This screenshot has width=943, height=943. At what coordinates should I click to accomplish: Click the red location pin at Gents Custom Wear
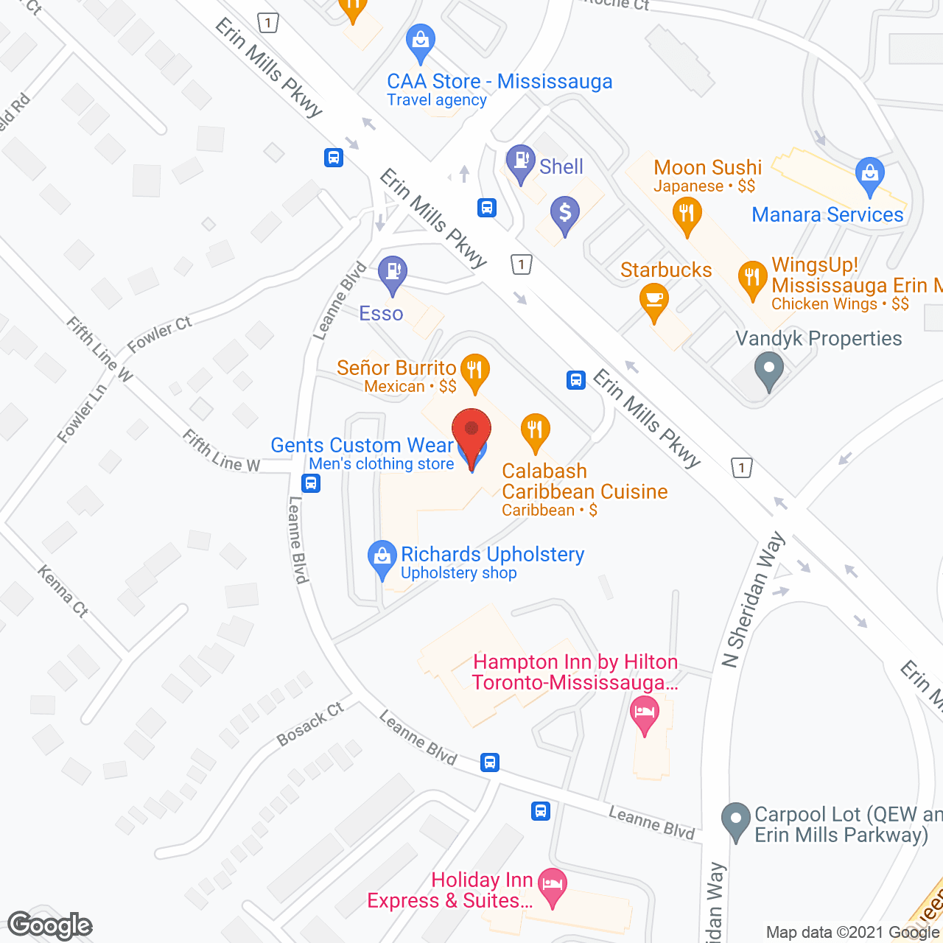471,432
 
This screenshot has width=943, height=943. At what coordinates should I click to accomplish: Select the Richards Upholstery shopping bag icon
382,558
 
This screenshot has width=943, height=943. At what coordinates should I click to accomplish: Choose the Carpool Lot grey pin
735,819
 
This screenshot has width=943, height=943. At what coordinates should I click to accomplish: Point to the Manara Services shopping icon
870,175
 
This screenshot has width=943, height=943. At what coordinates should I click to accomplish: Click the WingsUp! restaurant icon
752,278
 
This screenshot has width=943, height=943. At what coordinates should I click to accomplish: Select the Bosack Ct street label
310,724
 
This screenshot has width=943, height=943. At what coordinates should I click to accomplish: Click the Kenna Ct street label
63,590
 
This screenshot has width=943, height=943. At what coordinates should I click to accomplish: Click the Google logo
50,925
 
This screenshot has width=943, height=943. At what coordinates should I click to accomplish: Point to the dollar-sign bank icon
564,214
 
